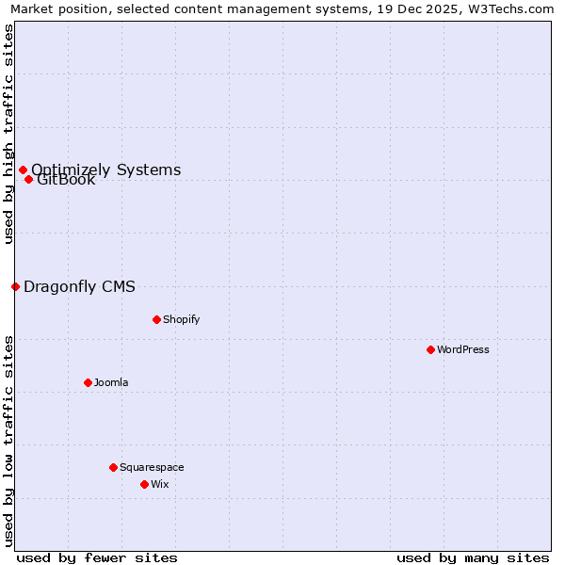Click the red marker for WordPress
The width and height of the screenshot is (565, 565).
pos(430,349)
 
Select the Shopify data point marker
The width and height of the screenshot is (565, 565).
pos(156,319)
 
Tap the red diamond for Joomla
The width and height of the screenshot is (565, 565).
pos(88,382)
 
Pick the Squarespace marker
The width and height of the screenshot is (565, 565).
pos(113,467)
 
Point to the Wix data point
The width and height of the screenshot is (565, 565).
pos(144,484)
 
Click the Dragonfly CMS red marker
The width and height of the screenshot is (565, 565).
pos(15,286)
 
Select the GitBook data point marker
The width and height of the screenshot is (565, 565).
pos(28,179)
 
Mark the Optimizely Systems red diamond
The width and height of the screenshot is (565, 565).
pos(23,169)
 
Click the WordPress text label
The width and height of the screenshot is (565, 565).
pos(463,349)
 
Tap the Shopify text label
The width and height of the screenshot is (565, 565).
pos(182,319)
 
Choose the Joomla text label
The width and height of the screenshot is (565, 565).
pos(111,382)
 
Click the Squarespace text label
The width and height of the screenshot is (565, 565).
pos(152,467)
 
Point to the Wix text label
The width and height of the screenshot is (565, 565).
pos(160,484)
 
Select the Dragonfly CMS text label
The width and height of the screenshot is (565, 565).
pos(79,286)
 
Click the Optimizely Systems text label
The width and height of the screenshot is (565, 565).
pos(106,169)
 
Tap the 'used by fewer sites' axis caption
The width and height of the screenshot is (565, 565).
pos(97,557)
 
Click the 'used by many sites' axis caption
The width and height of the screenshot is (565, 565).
pos(473,557)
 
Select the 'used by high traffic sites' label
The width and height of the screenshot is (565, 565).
pos(8,134)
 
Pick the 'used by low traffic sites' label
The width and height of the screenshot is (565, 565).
pos(8,441)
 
